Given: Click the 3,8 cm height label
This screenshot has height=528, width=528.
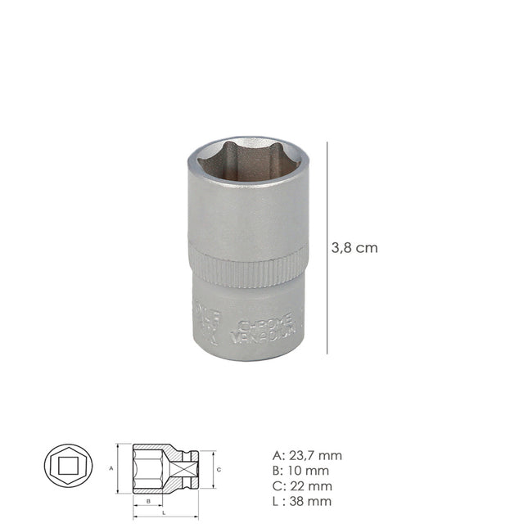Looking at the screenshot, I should pyautogui.click(x=354, y=248).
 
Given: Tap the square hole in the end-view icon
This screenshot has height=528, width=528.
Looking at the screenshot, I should pyautogui.click(x=68, y=469).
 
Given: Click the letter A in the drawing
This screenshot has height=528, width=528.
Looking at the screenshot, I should pyautogui.click(x=111, y=468).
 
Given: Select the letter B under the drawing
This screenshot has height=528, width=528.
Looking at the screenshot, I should pyautogui.click(x=148, y=500).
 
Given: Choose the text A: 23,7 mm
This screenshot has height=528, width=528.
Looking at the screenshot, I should pyautogui.click(x=307, y=456).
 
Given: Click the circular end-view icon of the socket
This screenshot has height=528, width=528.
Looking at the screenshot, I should pyautogui.click(x=68, y=469).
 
